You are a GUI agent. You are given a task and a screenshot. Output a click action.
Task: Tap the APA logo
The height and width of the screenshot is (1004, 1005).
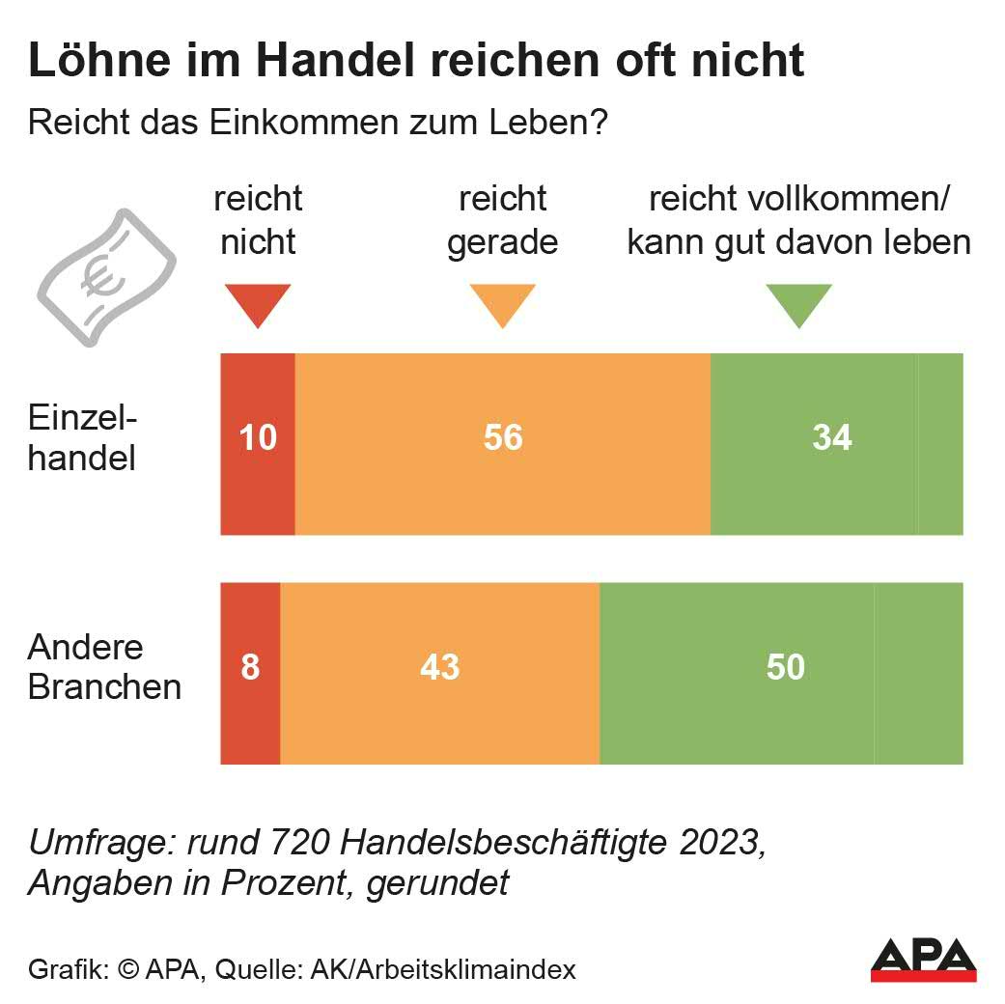[x=923, y=959]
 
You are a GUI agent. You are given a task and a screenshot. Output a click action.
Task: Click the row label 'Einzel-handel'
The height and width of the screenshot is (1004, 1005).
[x=83, y=438]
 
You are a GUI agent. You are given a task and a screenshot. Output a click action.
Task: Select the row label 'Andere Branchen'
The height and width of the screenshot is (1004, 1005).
[x=104, y=667]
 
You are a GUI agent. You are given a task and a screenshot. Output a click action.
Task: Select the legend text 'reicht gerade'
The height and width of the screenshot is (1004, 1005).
[x=502, y=220]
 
